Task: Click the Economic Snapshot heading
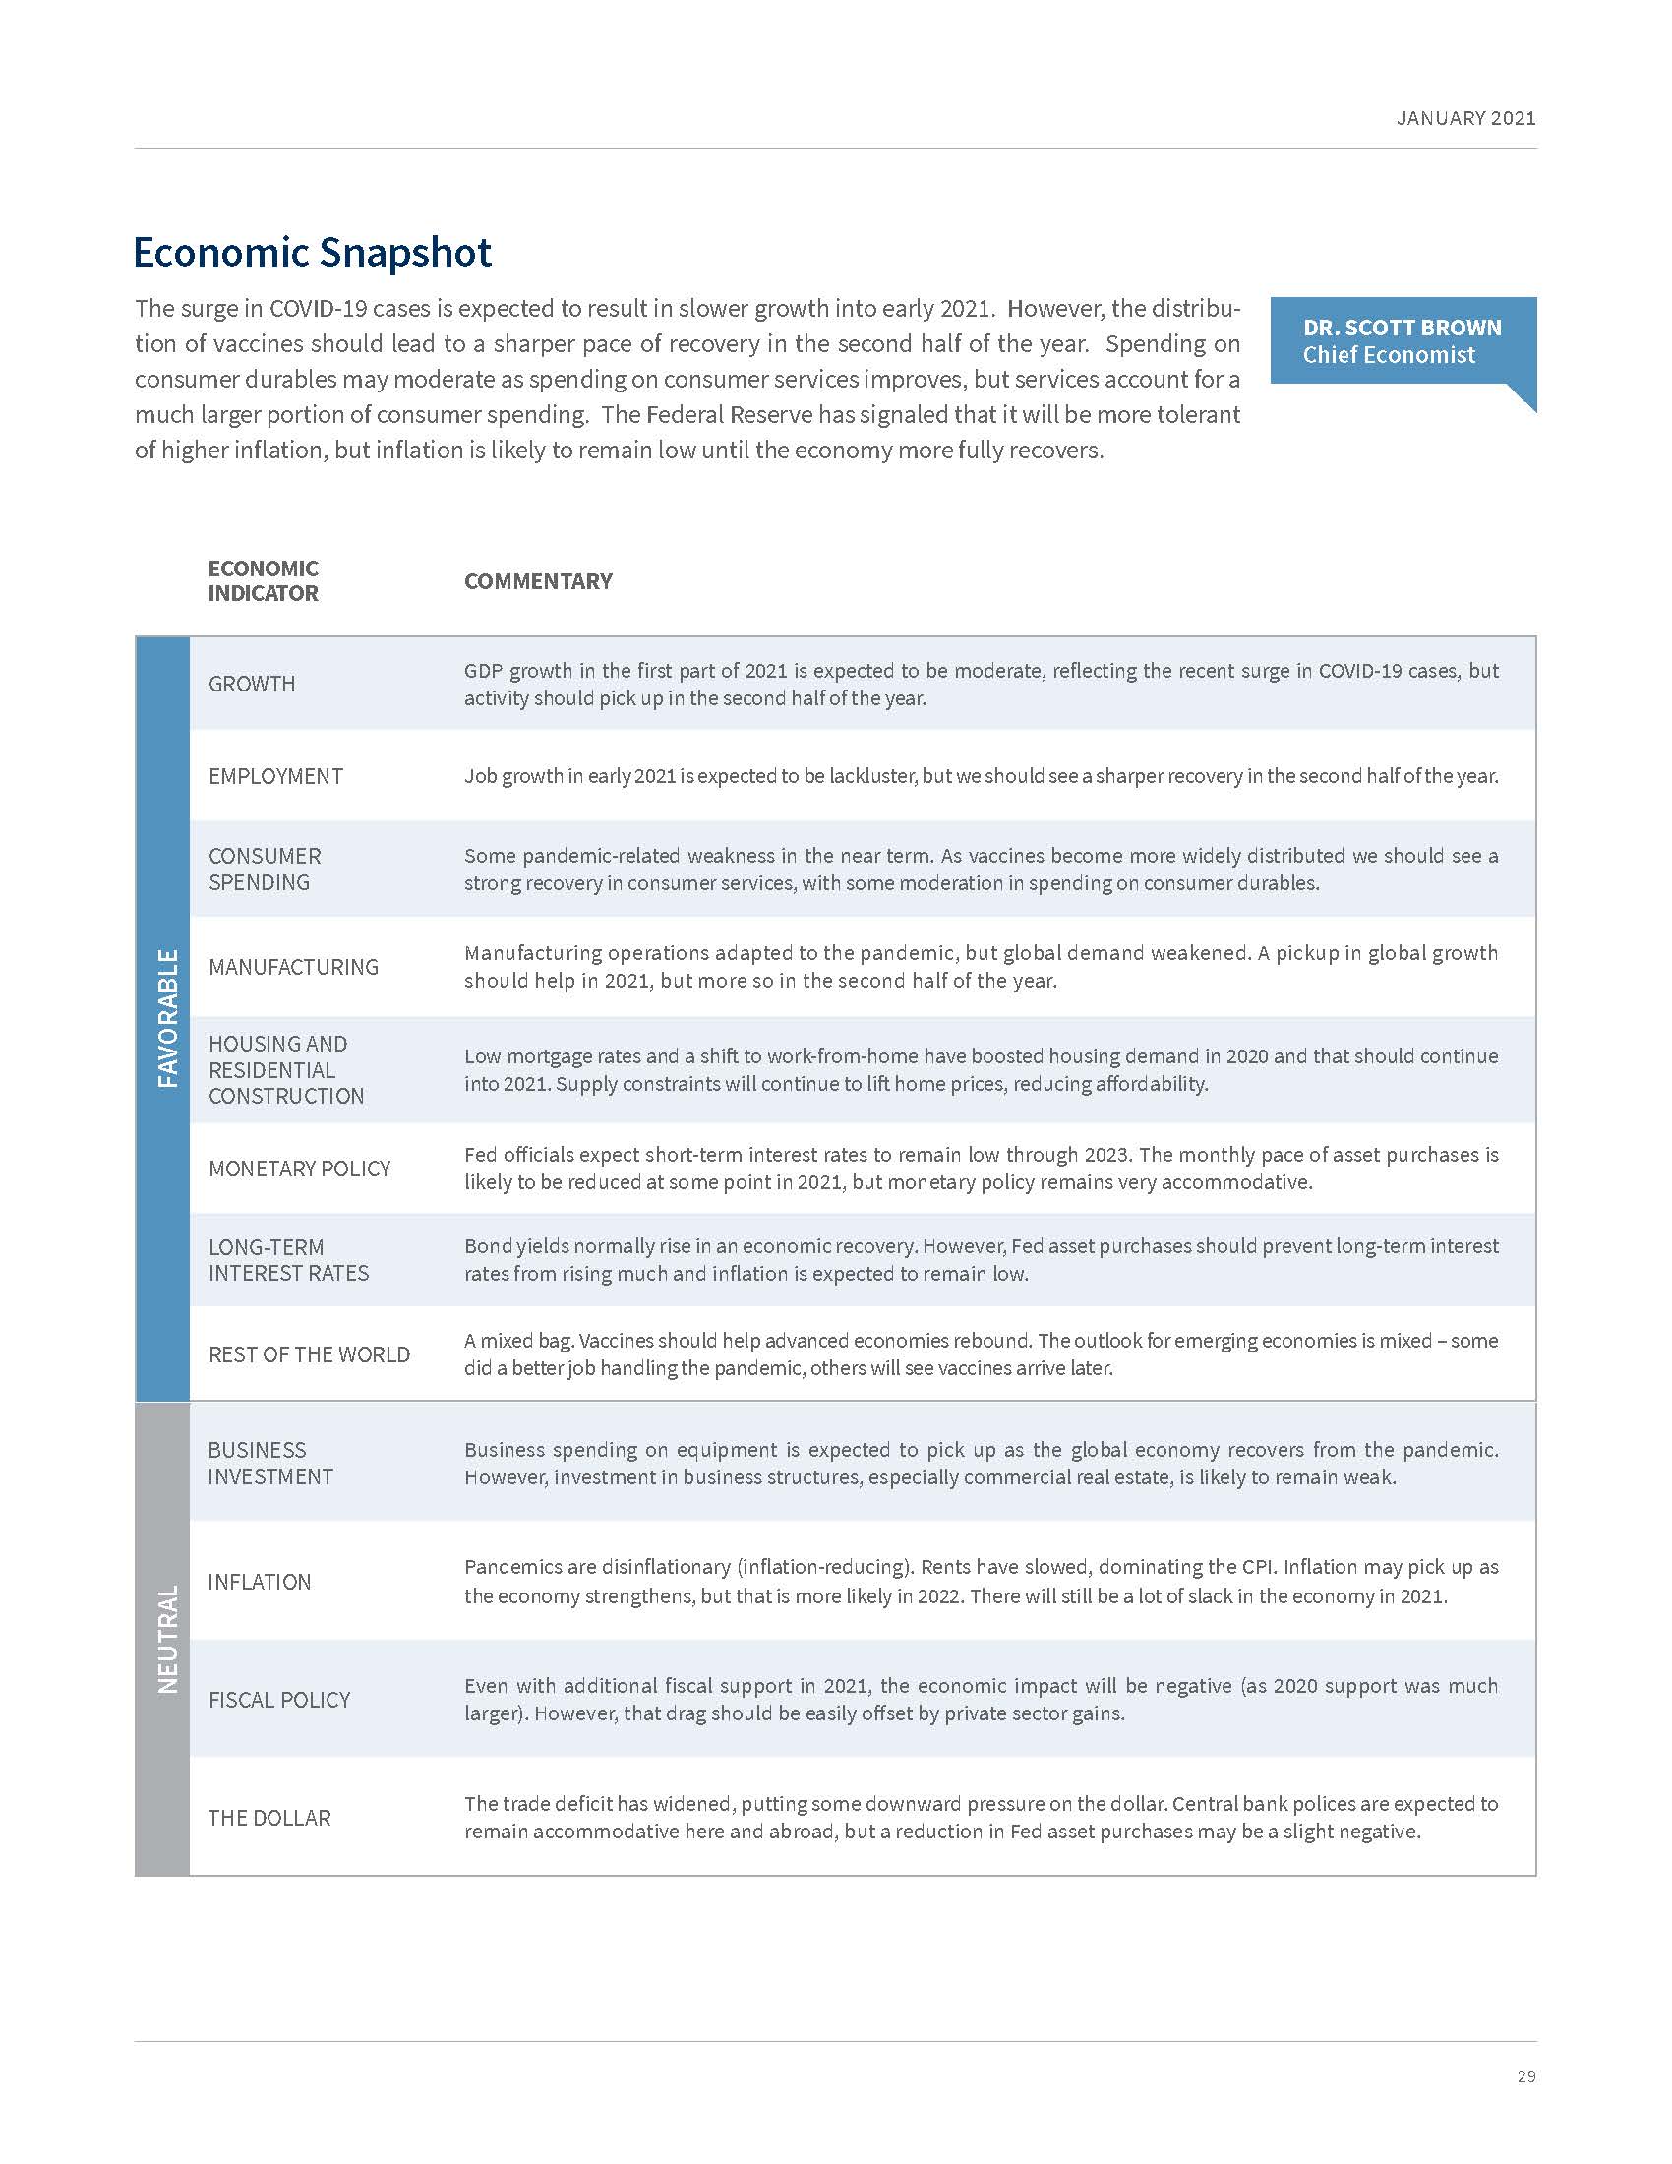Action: [x=312, y=253]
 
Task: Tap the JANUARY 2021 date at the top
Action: [x=1465, y=118]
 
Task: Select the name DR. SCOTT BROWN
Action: [x=1402, y=328]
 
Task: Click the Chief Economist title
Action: [x=1389, y=355]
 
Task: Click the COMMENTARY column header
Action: [x=538, y=581]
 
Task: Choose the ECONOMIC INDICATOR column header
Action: [x=263, y=580]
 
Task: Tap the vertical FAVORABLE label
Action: [x=168, y=1018]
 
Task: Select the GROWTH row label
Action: [x=252, y=684]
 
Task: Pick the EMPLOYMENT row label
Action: [x=275, y=776]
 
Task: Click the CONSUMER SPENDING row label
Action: [x=265, y=869]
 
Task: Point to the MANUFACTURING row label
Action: [x=293, y=967]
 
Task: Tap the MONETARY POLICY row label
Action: [x=299, y=1169]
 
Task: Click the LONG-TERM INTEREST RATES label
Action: [x=288, y=1259]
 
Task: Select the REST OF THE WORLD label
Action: [x=309, y=1354]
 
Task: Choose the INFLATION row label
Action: [x=260, y=1582]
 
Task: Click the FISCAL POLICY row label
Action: [x=279, y=1700]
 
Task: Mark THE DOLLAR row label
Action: [x=269, y=1817]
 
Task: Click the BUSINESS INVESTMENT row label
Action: [x=270, y=1463]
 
